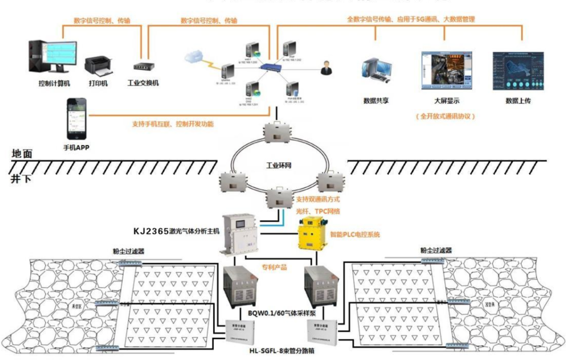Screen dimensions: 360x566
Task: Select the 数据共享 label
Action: pos(376,101)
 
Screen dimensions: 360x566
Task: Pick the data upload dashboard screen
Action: pos(518,70)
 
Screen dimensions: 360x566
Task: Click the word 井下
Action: pos(21,178)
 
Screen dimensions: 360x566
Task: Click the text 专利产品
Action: pos(274,267)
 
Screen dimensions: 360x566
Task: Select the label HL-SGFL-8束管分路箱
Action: pos(282,350)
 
